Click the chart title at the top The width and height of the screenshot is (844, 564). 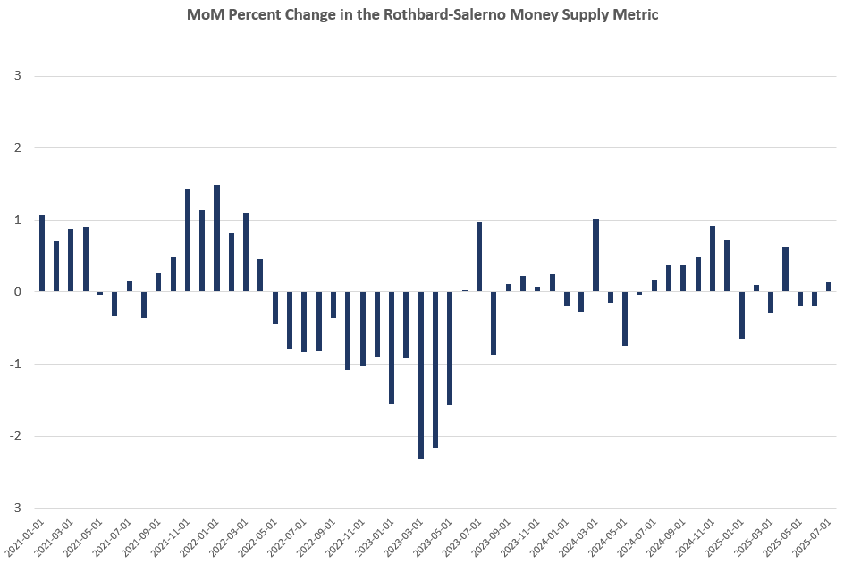click(422, 15)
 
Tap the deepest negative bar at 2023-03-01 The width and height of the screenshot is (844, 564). click(421, 375)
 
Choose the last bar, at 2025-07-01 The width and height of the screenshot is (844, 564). click(829, 287)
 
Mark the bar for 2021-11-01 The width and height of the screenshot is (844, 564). click(188, 240)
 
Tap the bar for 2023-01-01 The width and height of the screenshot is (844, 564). click(392, 348)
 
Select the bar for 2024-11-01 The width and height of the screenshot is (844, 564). click(713, 259)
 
